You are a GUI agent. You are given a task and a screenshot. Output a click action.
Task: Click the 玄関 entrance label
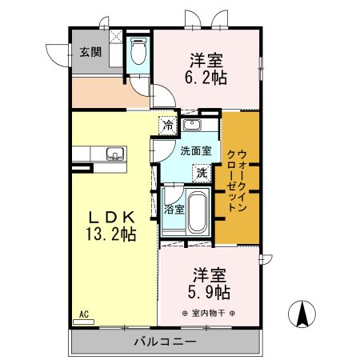(x=90, y=52)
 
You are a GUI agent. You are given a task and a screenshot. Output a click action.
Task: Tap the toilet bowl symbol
(x=138, y=51)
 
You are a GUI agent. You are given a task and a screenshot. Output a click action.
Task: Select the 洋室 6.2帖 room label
(x=206, y=69)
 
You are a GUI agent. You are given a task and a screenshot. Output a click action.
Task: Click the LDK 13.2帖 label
(x=111, y=226)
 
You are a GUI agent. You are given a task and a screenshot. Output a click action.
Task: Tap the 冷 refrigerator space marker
(x=168, y=125)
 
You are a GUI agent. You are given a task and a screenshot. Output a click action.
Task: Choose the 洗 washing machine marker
(x=202, y=174)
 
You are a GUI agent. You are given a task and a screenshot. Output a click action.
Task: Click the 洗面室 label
(x=196, y=151)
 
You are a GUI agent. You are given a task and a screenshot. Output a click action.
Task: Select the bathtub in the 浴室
(x=197, y=212)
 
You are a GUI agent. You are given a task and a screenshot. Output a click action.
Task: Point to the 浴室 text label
(x=174, y=210)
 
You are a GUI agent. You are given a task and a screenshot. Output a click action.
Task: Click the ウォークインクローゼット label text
(x=237, y=181)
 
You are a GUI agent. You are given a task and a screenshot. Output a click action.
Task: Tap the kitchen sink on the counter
(x=115, y=154)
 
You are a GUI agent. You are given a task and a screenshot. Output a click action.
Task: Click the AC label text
(x=84, y=314)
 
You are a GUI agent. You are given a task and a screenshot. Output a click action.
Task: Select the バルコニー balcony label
(x=166, y=342)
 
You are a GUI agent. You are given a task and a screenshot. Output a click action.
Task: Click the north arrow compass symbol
(x=302, y=314)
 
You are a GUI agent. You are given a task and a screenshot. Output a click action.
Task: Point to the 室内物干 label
(x=208, y=313)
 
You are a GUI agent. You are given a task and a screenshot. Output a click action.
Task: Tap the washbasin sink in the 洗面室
(x=192, y=125)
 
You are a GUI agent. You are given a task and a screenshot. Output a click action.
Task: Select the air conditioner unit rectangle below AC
(x=83, y=322)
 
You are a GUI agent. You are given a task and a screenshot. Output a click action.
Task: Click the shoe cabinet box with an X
(x=116, y=36)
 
